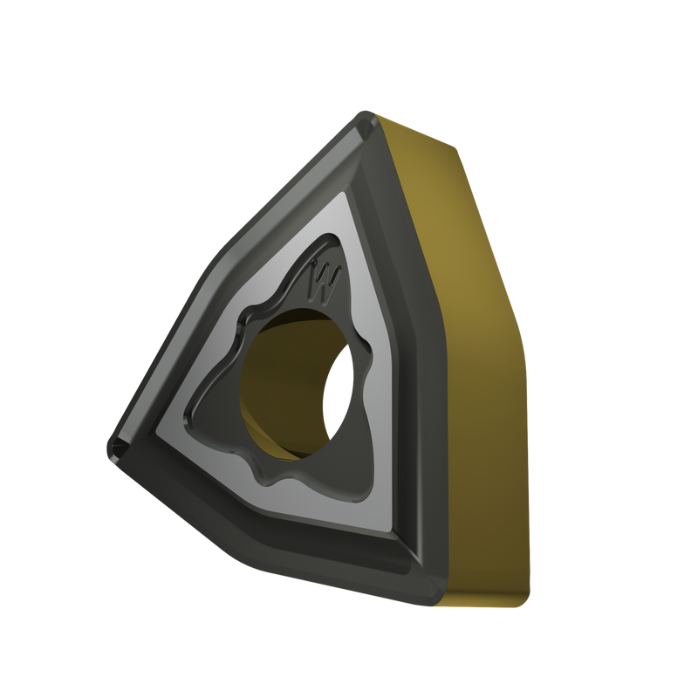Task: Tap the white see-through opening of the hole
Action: pos(339,392)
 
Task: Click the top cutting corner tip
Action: pos(365,117)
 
